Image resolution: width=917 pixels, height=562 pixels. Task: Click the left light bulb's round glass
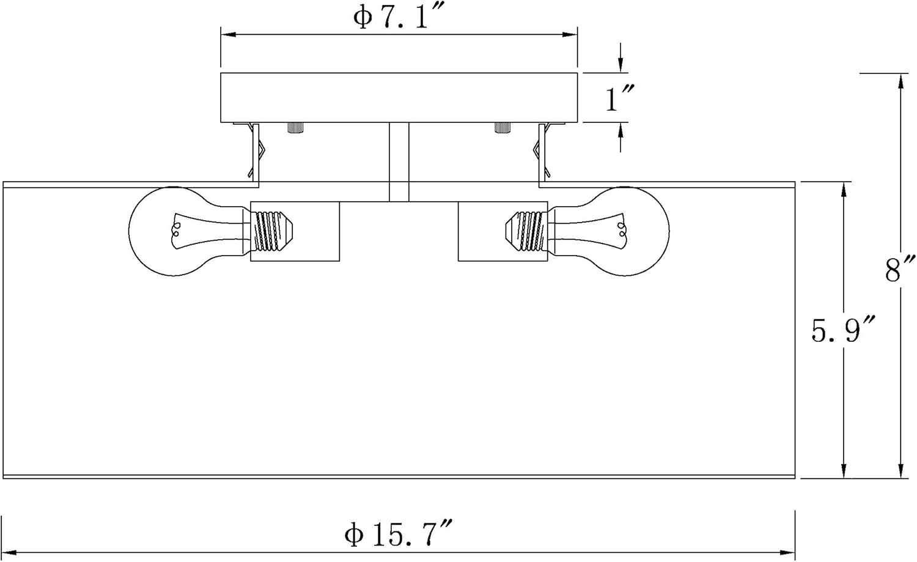176,231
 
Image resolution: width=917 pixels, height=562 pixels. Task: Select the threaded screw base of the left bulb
271,231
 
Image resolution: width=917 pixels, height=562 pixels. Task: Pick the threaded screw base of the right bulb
527,231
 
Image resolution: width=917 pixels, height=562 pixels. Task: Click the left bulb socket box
295,231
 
